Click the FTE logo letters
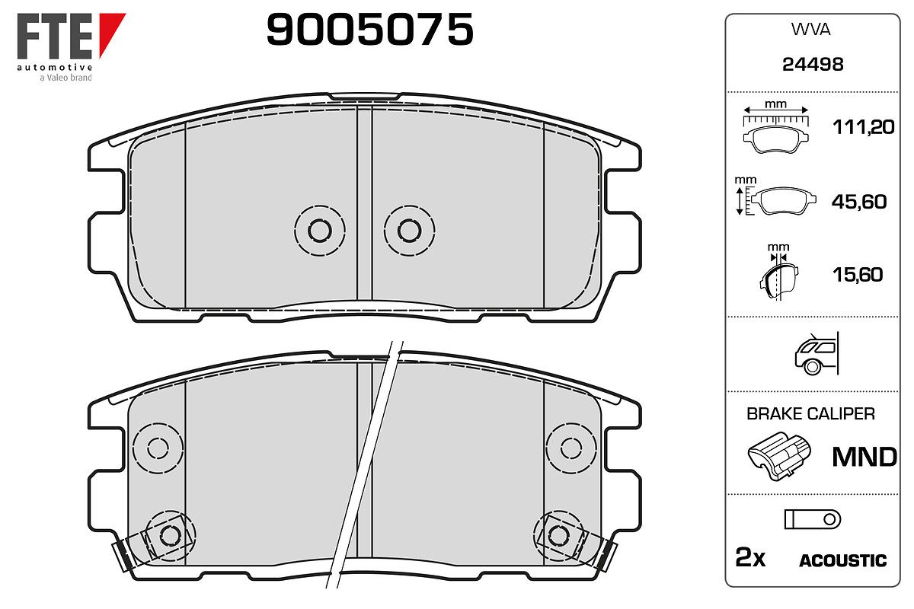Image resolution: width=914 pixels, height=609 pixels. [55, 36]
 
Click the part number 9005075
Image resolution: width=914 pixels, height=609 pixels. [369, 30]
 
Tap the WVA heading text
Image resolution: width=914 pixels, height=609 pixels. [810, 30]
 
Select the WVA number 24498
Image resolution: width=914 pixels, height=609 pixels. [813, 65]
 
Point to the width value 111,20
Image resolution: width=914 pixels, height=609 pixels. [864, 127]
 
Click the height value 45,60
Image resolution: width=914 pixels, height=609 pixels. [859, 202]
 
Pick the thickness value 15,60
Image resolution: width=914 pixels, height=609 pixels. [858, 275]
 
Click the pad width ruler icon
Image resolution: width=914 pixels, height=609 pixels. [775, 127]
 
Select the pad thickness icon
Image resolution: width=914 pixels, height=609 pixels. [778, 272]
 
